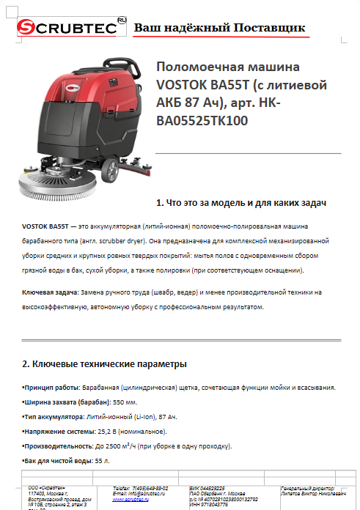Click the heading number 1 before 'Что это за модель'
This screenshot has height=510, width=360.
tap(160, 202)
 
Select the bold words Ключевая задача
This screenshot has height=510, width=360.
tap(49, 291)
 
